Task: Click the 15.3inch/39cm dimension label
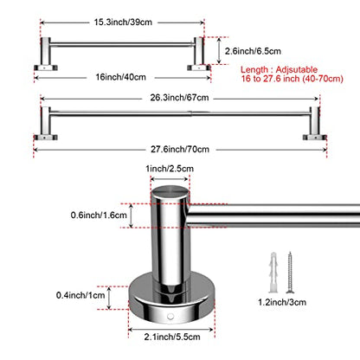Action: click(x=123, y=22)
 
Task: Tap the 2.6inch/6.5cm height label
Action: click(x=253, y=51)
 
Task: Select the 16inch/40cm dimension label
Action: click(x=121, y=77)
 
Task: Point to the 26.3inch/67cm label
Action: click(x=179, y=98)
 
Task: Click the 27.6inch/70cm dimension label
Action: click(x=180, y=149)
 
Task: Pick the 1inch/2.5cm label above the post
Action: click(x=170, y=169)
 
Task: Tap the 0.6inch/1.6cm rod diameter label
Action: click(x=99, y=215)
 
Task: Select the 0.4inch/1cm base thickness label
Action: click(x=80, y=295)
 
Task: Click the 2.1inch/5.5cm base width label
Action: click(x=172, y=337)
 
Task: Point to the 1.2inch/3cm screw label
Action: click(x=282, y=302)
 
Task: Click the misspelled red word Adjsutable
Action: click(x=297, y=69)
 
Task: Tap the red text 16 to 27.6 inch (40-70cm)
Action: click(x=292, y=79)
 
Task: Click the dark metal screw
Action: click(x=289, y=273)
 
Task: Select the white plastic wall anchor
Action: click(x=273, y=273)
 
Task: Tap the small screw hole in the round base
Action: click(x=170, y=317)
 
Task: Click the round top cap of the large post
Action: click(x=170, y=192)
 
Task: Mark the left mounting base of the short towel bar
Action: click(x=46, y=67)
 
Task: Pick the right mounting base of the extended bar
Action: click(x=315, y=138)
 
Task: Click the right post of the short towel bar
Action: click(x=199, y=51)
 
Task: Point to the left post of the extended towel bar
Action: click(x=46, y=120)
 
